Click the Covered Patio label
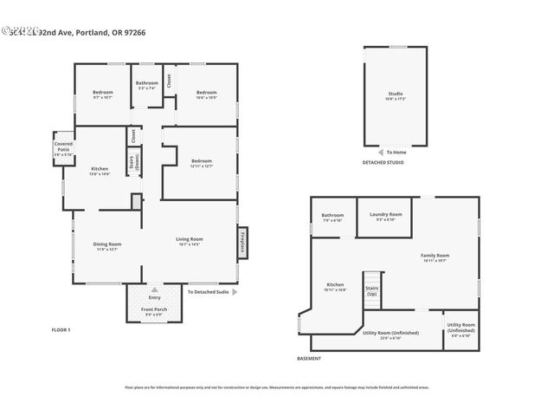[x=63, y=149]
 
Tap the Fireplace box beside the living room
[x=243, y=242]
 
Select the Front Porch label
[x=154, y=311]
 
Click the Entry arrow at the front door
[x=155, y=290]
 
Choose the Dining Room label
[x=107, y=247]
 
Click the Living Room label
[x=189, y=241]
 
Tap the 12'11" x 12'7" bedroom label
[x=201, y=163]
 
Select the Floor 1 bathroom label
[x=147, y=85]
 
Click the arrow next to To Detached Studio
[x=235, y=292]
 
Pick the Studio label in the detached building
[x=395, y=95]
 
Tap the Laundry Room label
[x=384, y=217]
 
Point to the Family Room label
[x=435, y=257]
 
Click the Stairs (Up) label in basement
[x=372, y=291]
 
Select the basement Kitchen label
[x=335, y=287]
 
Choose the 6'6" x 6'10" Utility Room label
[x=461, y=330]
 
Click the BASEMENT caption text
[x=309, y=359]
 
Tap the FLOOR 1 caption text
[x=61, y=329]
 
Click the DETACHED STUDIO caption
[x=383, y=163]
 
